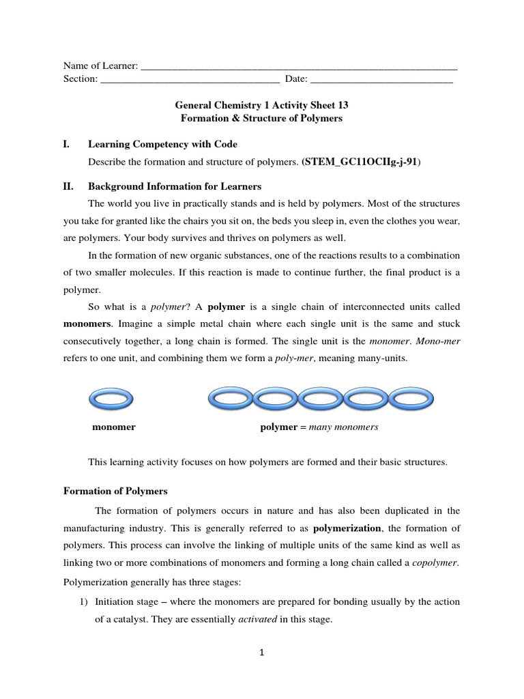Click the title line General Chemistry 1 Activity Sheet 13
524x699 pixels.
(261, 106)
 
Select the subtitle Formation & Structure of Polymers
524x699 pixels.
(261, 118)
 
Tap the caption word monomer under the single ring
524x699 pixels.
(114, 427)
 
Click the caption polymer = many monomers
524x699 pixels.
(319, 427)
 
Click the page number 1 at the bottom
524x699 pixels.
(262, 653)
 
